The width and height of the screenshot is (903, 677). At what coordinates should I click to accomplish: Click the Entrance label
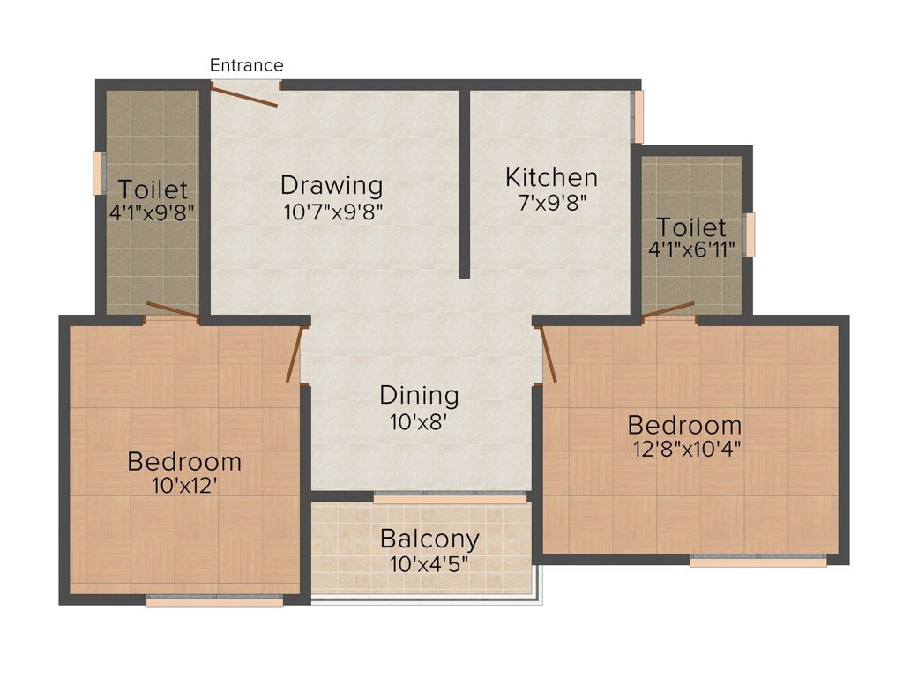coord(247,65)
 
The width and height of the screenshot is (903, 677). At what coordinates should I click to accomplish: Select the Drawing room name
coord(332,186)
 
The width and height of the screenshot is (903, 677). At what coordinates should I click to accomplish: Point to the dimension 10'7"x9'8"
coord(332,212)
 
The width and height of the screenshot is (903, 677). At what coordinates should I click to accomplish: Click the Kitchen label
coord(551,177)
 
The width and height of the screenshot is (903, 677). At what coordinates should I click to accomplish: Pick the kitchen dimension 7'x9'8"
coord(552,203)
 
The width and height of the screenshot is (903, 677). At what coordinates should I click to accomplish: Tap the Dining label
coord(419,396)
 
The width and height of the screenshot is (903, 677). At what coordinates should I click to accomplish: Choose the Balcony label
coord(429,539)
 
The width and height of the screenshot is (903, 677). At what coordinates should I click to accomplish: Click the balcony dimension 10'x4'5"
coord(429,564)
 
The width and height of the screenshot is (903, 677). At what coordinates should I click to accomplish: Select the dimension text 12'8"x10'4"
coord(686,449)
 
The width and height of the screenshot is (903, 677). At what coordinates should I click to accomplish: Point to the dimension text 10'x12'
coord(184,487)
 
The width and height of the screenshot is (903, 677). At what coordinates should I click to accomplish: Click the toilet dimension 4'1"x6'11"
coord(691,249)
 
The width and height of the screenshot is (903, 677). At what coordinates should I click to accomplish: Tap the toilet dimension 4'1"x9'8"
coord(152,212)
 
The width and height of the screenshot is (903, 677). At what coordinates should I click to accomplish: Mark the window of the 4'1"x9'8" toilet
coord(99,173)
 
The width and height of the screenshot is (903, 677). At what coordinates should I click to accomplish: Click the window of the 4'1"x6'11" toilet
coord(750,234)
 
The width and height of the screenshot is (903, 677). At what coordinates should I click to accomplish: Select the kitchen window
coord(638,116)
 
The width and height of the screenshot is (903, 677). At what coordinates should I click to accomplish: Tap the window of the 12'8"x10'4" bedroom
coord(758,560)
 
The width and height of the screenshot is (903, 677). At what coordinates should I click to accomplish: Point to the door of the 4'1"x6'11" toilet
coord(668,309)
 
